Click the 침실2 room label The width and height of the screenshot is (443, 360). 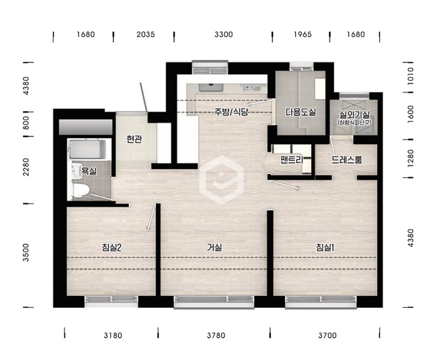112,248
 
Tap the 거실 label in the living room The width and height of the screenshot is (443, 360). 214,248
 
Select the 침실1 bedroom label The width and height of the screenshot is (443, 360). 325,248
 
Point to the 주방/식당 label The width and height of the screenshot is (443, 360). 231,112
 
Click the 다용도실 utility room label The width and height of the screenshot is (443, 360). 301,112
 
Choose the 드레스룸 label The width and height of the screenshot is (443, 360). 347,160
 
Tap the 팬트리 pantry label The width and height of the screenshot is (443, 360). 292,160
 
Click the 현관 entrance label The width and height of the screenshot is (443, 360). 134,139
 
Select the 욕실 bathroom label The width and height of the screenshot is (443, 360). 89,171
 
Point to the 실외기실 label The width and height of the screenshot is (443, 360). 354,115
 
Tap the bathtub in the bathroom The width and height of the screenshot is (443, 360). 87,150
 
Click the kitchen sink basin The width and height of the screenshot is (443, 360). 211,87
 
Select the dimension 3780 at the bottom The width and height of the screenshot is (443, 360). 216,336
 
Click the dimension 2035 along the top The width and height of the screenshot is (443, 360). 146,34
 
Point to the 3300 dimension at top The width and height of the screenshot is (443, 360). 224,34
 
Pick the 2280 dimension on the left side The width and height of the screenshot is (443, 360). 26,167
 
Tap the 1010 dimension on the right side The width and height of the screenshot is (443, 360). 410,76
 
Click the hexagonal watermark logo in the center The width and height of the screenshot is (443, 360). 221,180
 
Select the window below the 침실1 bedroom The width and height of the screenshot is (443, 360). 321,301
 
